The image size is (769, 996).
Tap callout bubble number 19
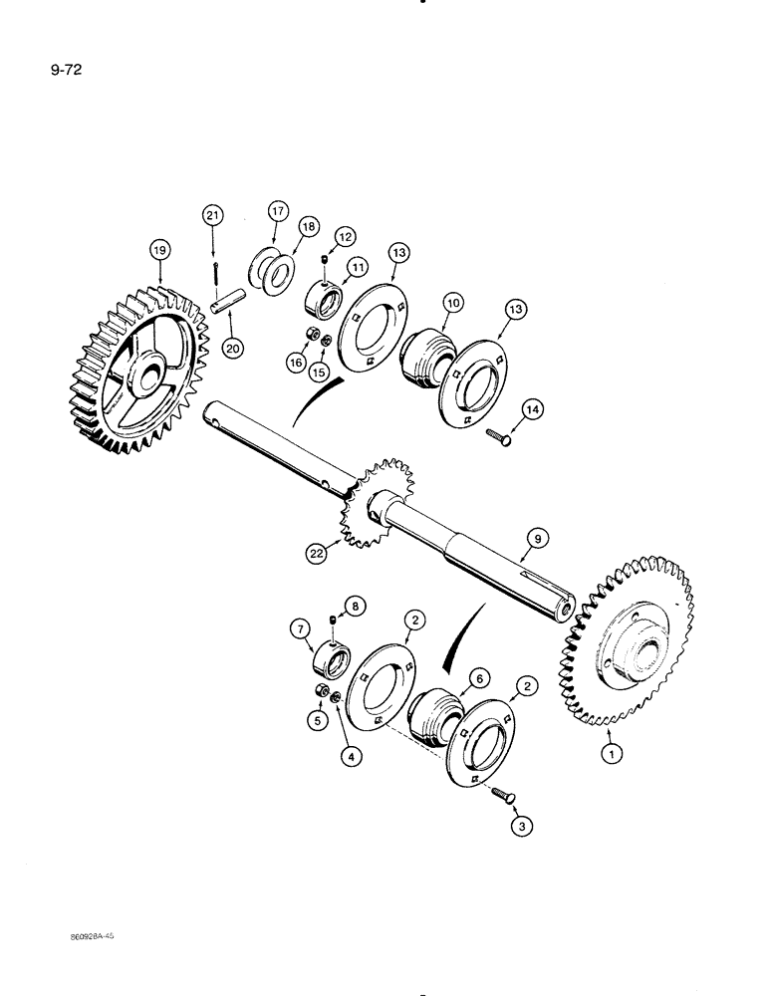tap(158, 250)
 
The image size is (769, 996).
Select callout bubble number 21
tap(211, 215)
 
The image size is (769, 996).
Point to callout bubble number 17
tap(276, 211)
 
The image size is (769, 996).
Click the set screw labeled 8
tap(331, 623)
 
